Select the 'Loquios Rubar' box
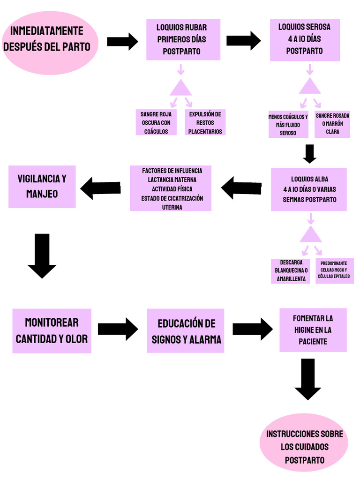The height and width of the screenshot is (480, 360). coord(183,39)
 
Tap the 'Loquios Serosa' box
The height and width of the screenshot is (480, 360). coord(305,39)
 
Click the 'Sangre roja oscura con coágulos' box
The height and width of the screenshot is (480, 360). coord(156,122)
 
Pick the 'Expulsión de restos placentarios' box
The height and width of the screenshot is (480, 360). coord(205,122)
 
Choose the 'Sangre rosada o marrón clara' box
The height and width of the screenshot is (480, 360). coord(332,124)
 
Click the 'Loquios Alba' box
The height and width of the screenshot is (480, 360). coord(309,189)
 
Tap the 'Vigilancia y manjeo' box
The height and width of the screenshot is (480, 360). coord(42,186)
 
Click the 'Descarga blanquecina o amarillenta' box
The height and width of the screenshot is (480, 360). coord(291,271)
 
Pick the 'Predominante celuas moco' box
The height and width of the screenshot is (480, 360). coord(334,270)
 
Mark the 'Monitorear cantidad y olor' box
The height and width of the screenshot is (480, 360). coord(52,330)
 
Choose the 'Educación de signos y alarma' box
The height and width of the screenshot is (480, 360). coord(186,330)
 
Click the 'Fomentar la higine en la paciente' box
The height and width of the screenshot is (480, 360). coord(313,330)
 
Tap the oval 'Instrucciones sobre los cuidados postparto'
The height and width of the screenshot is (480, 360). coord(304,447)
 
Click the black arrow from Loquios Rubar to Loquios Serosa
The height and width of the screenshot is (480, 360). coord(243,40)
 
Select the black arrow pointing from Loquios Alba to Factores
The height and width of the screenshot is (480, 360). coord(241,188)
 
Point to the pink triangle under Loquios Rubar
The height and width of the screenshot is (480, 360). coord(180,88)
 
